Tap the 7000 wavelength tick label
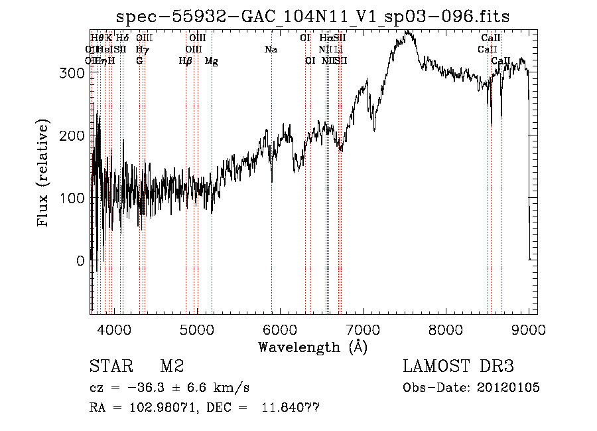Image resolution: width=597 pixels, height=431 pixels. [x=363, y=328]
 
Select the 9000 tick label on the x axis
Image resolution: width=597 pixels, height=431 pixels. [x=529, y=328]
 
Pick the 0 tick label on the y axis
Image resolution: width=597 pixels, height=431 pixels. [x=80, y=261]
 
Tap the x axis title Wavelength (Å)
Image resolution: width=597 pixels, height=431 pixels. [x=312, y=347]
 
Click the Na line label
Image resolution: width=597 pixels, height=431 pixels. [x=271, y=49]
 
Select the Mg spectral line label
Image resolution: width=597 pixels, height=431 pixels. [x=211, y=60]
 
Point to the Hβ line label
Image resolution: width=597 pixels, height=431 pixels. [x=186, y=60]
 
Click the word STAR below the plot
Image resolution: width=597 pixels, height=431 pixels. [x=109, y=367]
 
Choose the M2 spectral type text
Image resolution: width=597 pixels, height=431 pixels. [x=172, y=367]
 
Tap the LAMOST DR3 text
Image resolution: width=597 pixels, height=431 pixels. [x=458, y=367]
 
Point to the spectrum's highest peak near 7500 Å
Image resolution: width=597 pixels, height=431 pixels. [x=408, y=31]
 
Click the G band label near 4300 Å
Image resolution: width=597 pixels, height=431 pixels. [x=139, y=60]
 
